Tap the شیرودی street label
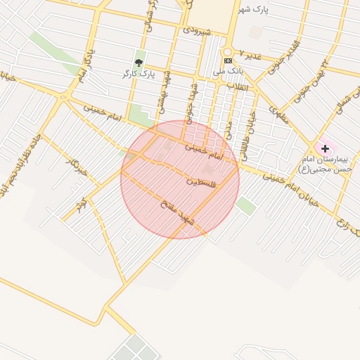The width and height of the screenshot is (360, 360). (196, 30)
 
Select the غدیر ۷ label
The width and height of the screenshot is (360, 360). (250, 53)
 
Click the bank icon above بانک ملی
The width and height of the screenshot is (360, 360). (228, 61)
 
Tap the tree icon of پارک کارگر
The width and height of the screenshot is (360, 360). (138, 63)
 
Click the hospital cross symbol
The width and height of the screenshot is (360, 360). (325, 148)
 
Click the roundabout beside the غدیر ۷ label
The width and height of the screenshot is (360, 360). (227, 52)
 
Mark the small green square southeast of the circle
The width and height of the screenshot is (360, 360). (245, 205)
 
